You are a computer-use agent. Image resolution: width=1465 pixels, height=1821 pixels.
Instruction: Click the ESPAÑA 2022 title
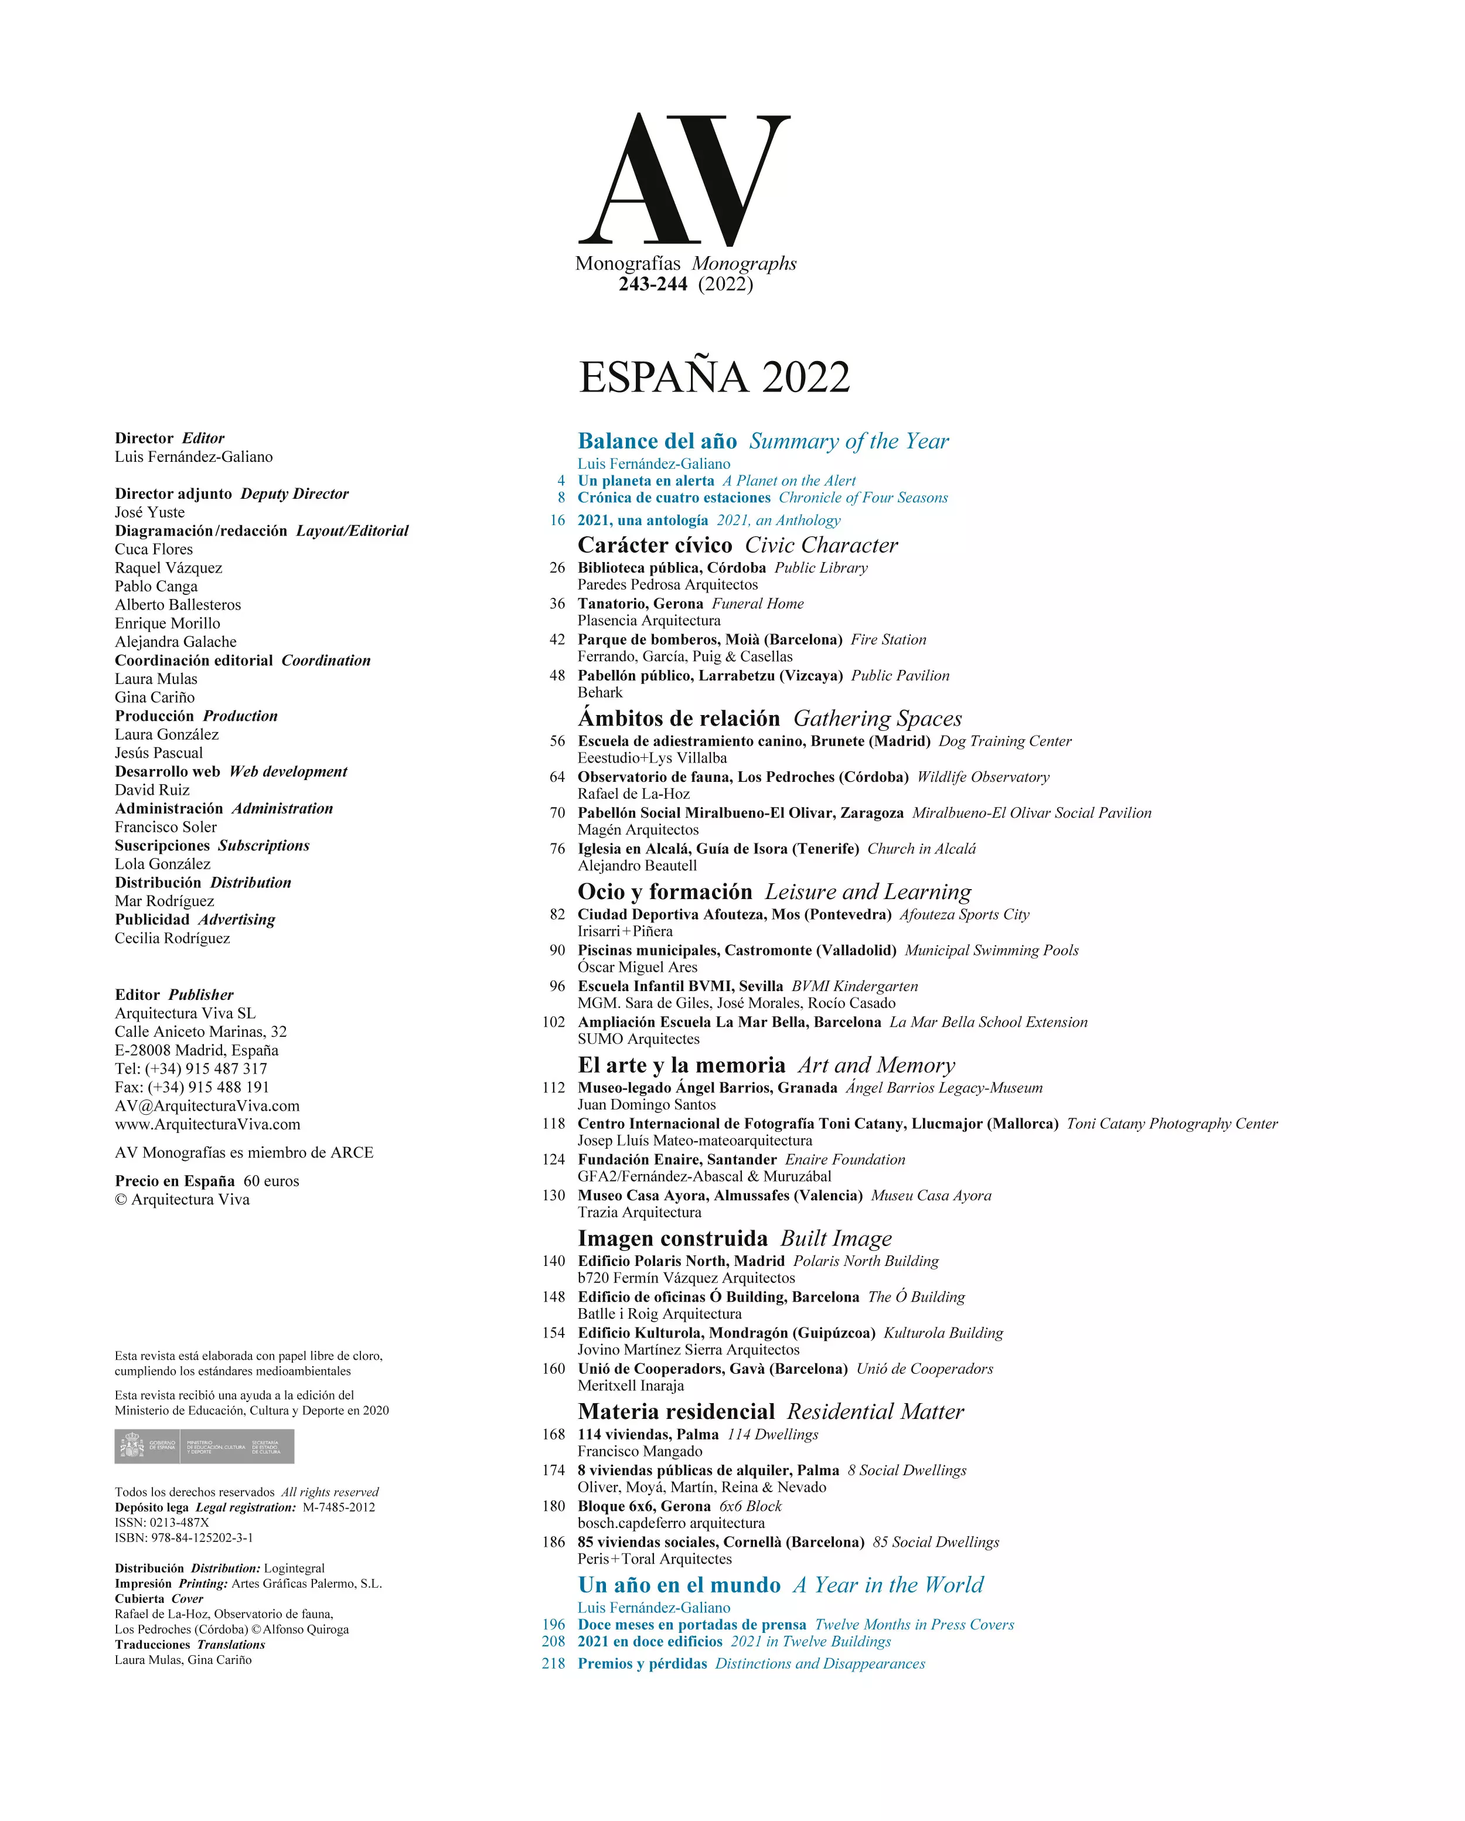click(x=714, y=377)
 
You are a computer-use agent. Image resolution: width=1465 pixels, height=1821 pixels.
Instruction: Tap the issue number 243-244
click(x=653, y=285)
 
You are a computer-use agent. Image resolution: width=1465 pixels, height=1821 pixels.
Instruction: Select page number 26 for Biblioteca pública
click(x=557, y=567)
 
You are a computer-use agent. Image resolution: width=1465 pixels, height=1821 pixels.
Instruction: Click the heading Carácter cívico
click(x=655, y=546)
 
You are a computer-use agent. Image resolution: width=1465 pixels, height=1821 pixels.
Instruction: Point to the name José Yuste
click(x=149, y=513)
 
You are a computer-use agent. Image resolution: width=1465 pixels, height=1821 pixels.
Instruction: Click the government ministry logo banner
click(x=205, y=1446)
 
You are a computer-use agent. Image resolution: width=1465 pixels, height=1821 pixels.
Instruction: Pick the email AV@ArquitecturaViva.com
click(x=207, y=1105)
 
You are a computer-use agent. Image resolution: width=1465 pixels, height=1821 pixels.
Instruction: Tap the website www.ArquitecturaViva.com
click(x=207, y=1124)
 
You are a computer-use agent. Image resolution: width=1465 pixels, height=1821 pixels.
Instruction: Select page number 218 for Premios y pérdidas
click(x=553, y=1663)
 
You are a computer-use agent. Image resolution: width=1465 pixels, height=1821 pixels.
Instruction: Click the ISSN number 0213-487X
click(x=178, y=1522)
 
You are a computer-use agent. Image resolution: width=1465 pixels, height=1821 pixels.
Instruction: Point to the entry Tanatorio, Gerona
click(x=640, y=604)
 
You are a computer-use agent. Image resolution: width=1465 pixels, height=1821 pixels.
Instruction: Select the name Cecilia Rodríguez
click(x=172, y=938)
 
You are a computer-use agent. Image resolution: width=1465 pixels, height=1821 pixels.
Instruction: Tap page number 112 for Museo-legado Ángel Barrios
click(x=553, y=1088)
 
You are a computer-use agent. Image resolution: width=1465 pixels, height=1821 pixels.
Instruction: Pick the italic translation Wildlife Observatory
click(x=983, y=777)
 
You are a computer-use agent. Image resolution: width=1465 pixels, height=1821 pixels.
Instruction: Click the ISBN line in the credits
click(x=184, y=1537)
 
